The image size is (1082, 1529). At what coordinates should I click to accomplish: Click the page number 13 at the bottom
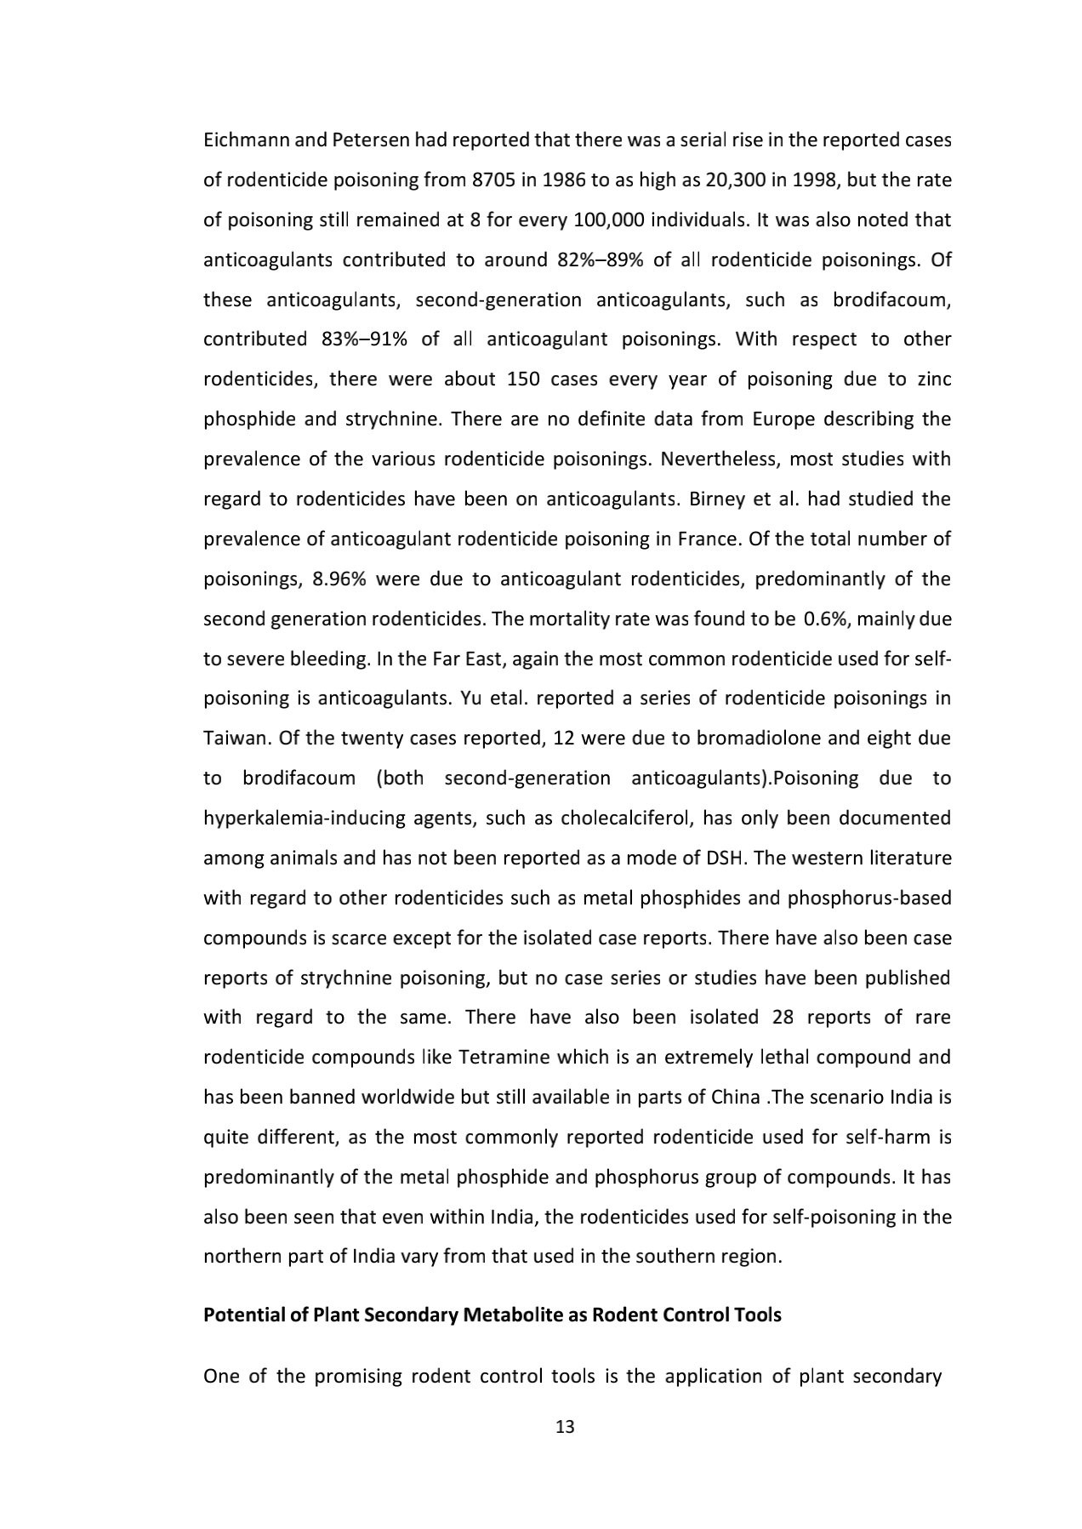pyautogui.click(x=565, y=1427)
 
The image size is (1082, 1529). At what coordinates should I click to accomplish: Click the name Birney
pyautogui.click(x=716, y=499)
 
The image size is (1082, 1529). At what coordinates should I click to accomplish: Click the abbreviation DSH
pyautogui.click(x=726, y=858)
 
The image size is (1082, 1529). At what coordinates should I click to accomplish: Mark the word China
pyautogui.click(x=735, y=1097)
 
